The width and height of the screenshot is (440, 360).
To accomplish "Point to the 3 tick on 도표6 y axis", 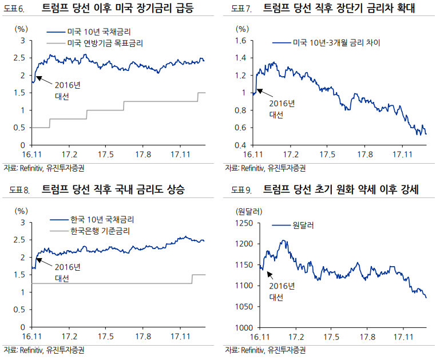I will pos(22,40).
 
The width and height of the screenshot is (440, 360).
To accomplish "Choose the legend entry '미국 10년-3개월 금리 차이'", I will pos(336,42).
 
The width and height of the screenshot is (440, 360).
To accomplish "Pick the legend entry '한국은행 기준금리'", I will pos(100,231).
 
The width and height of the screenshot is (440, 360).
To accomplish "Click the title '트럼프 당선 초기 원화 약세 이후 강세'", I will pos(341,191).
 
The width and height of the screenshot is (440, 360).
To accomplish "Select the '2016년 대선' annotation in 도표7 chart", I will pos(282,108).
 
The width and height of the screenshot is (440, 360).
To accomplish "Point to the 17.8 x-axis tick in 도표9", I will pos(367,337).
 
